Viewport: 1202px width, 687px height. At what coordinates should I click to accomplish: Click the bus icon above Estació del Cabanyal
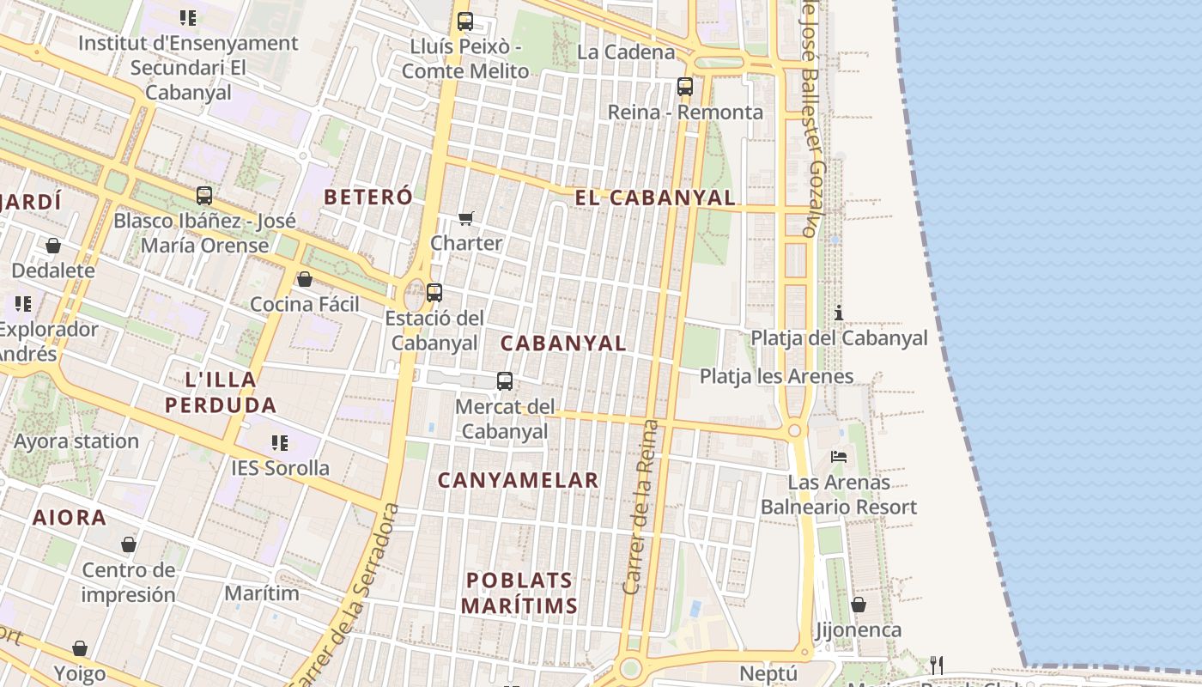(434, 292)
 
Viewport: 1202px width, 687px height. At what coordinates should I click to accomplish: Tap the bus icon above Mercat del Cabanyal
(505, 380)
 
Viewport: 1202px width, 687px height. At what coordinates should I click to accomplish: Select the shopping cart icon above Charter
(465, 218)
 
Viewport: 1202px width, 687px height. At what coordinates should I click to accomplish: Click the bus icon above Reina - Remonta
(684, 87)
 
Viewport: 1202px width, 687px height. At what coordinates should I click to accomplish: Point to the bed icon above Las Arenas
(839, 457)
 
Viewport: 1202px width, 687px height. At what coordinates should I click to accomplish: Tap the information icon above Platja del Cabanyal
(839, 313)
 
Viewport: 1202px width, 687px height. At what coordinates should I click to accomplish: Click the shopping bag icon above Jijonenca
(858, 605)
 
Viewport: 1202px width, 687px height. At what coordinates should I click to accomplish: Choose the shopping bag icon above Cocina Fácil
(304, 279)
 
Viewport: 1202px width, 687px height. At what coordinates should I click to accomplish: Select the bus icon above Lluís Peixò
(464, 21)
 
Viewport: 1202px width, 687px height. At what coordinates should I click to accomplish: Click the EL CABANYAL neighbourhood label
(655, 198)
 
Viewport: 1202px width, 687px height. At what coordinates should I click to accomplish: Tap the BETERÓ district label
(367, 196)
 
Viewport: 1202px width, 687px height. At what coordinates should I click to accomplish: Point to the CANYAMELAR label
(518, 480)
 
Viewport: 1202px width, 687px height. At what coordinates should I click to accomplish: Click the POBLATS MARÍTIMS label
(519, 593)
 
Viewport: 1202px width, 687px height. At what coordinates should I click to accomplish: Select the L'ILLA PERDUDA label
(221, 392)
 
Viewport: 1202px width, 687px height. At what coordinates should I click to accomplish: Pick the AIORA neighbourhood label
(70, 518)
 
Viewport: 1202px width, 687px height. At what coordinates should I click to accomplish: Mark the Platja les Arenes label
(776, 376)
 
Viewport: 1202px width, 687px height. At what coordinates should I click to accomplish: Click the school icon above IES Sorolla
(280, 442)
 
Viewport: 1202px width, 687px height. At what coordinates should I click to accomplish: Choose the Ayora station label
(76, 441)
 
